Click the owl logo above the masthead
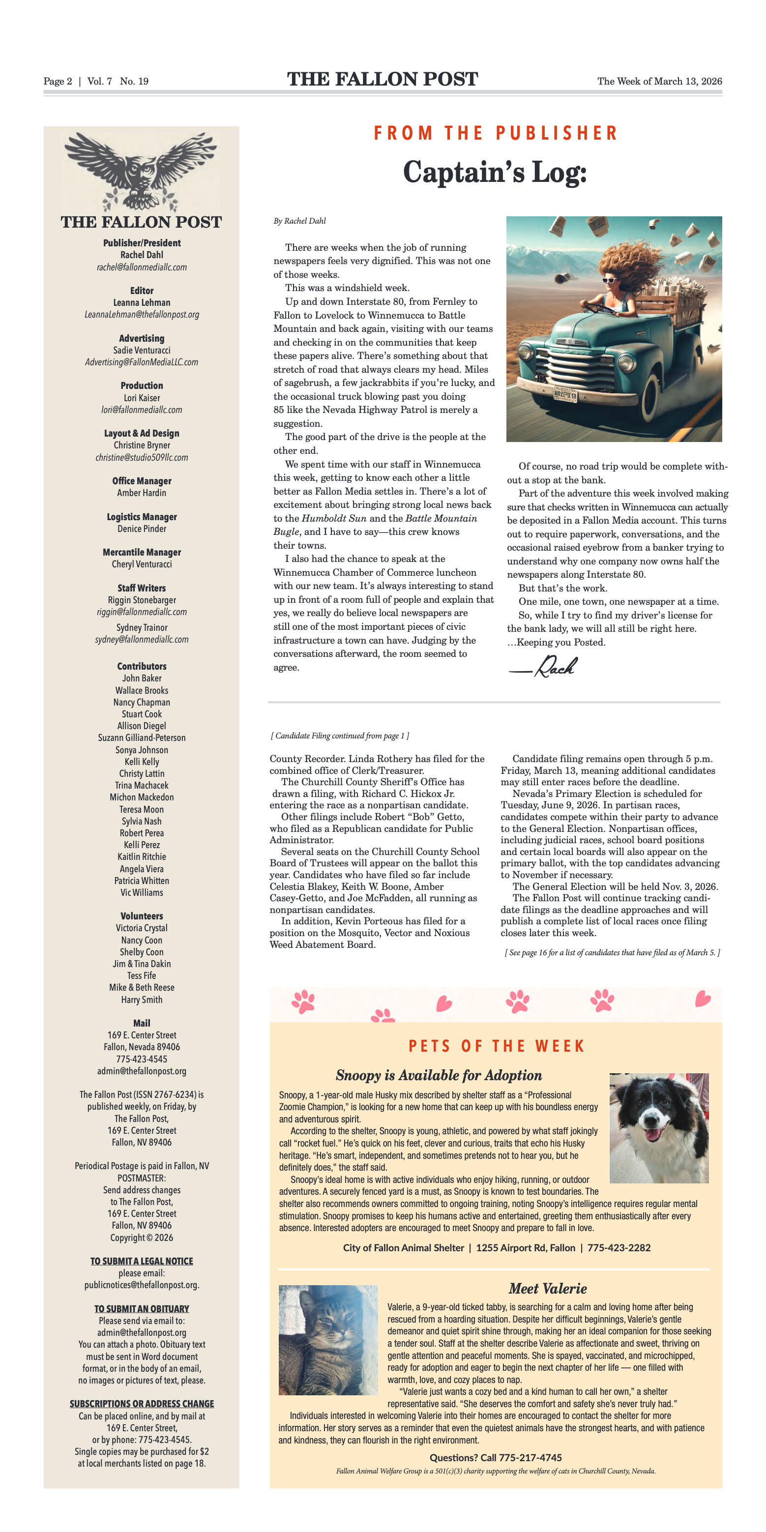(x=142, y=171)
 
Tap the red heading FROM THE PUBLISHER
(x=496, y=133)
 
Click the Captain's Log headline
(x=495, y=173)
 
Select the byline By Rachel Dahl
(x=300, y=221)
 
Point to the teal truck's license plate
(x=565, y=394)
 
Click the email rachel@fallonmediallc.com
(x=142, y=267)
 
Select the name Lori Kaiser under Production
(x=142, y=398)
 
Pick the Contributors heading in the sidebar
(x=142, y=666)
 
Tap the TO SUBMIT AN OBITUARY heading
(x=142, y=1308)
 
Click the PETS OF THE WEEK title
(x=496, y=1046)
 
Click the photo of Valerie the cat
(x=328, y=1340)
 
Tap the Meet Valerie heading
(x=547, y=1289)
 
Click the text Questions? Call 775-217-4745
(x=496, y=1457)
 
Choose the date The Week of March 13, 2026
(x=659, y=82)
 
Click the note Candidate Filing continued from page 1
(x=340, y=736)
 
